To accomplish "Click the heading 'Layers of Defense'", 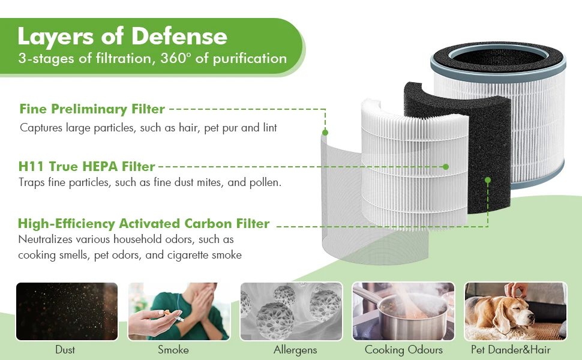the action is [122, 37].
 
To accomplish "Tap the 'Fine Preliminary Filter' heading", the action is [92, 109].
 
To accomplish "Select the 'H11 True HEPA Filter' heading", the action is [86, 166].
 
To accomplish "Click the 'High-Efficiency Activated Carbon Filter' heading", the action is [143, 223].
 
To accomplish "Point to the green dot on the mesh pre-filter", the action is [325, 133].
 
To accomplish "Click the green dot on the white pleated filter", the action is [446, 167].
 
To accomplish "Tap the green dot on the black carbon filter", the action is [488, 180].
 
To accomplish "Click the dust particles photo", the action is [67, 311].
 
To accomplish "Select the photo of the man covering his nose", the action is [179, 311].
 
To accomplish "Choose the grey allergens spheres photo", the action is [292, 311].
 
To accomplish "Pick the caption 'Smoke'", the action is [173, 350].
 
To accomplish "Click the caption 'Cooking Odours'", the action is [404, 350].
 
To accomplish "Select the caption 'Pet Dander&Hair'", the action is [511, 350].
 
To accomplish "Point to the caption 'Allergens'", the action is [295, 350].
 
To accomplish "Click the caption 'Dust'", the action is [65, 350].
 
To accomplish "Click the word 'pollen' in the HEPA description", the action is [264, 182].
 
